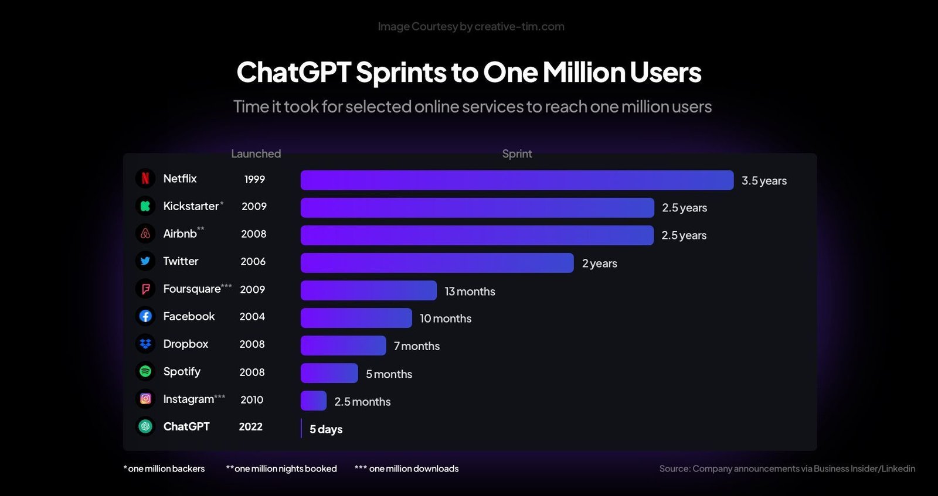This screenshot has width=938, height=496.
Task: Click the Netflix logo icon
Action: [x=145, y=179]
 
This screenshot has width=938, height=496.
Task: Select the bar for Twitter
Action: [x=437, y=263]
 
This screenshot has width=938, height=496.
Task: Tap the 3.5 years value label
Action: [x=764, y=181]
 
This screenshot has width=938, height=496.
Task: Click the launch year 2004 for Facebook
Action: [x=252, y=317]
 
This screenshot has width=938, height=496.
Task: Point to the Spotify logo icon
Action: [x=145, y=371]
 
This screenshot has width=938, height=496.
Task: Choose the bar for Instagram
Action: [x=314, y=401]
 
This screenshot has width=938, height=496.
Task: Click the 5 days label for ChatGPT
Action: [x=326, y=429]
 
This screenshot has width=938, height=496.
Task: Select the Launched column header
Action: [x=256, y=154]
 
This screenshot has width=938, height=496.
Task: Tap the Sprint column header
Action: [x=516, y=154]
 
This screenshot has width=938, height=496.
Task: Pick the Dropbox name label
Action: [x=185, y=344]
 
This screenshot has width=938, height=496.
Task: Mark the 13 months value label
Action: [x=470, y=292]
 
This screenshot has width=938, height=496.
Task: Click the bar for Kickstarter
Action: [x=477, y=208]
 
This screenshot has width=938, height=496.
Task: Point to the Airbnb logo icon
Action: [x=145, y=234]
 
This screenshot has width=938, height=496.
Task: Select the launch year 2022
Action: [x=250, y=427]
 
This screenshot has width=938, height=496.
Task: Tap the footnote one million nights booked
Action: [x=281, y=468]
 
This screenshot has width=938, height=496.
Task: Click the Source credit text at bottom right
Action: [x=787, y=468]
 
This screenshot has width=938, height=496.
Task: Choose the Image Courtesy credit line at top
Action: [x=471, y=26]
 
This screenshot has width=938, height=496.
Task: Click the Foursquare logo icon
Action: [x=145, y=289]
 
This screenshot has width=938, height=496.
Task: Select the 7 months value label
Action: [x=417, y=346]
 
